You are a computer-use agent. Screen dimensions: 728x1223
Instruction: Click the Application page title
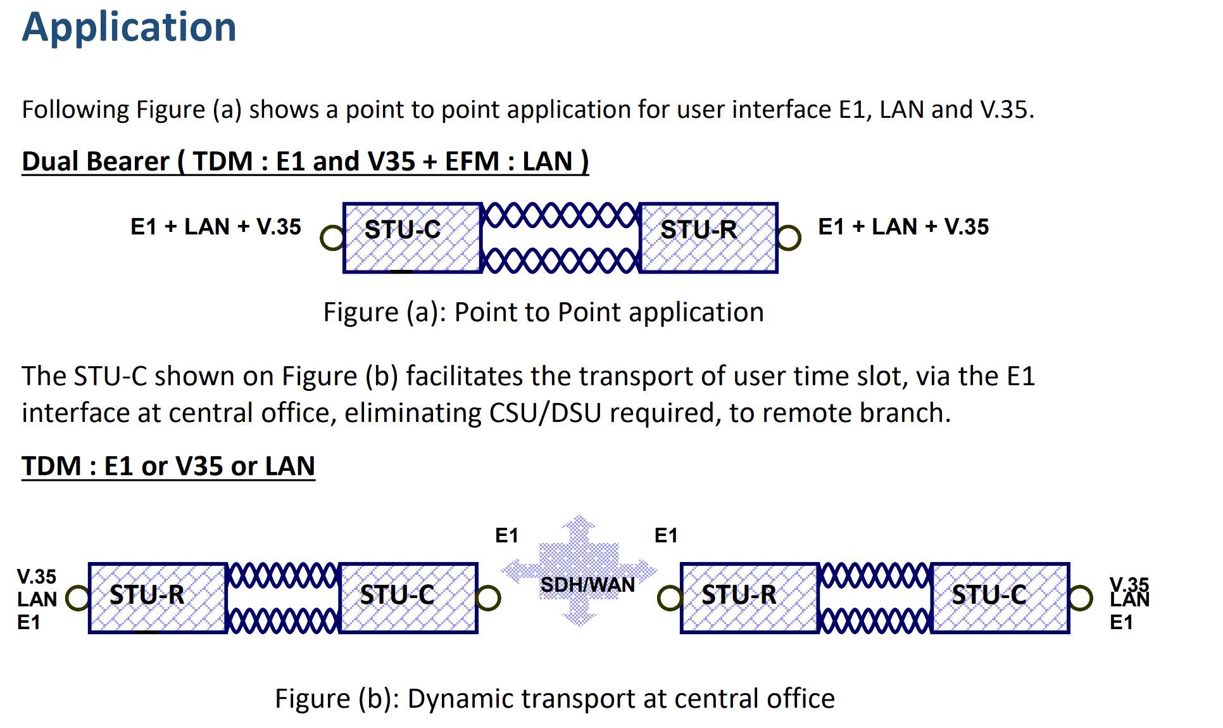129,27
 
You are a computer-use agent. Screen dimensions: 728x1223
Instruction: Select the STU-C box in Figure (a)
412,238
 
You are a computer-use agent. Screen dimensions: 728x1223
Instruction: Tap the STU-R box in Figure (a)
708,238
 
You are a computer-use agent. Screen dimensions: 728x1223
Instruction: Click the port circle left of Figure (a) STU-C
332,238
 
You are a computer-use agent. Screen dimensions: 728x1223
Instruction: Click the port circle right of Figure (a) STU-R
789,238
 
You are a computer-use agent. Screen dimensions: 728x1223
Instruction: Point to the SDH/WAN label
587,584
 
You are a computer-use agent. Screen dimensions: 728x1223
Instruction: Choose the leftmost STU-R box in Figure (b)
158,597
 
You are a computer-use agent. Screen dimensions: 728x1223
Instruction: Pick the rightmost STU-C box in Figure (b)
1000,597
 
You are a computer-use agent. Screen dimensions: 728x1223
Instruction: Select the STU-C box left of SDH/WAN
408,597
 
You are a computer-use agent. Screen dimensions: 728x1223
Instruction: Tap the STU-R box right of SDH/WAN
749,597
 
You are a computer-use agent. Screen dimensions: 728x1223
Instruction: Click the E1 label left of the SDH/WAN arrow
506,535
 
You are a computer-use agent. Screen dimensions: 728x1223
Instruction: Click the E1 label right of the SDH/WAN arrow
666,535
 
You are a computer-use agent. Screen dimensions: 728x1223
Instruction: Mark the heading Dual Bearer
305,162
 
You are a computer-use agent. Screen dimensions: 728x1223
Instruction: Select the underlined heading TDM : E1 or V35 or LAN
168,466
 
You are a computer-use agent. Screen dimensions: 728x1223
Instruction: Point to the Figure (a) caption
543,312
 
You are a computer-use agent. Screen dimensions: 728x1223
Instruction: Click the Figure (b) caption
555,698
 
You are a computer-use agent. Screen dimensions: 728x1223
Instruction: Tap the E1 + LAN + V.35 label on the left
216,227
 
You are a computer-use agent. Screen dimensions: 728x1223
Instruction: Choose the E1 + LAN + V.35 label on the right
903,227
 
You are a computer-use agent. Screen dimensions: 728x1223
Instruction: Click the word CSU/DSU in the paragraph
545,413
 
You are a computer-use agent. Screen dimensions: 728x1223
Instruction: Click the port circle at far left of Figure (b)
78,597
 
